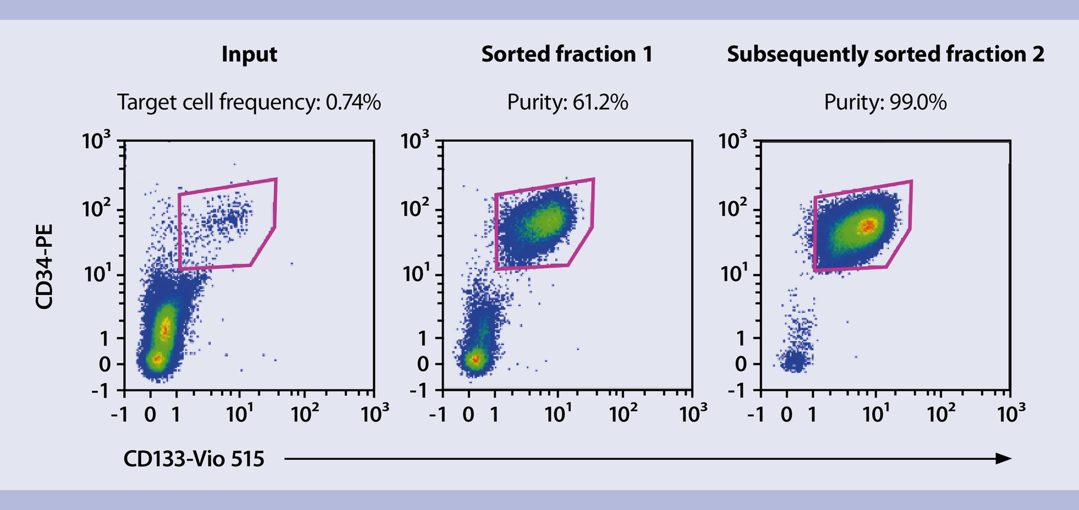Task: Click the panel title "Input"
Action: coord(249,55)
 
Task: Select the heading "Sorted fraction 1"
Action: coord(566,55)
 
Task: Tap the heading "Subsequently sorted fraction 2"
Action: coord(885,55)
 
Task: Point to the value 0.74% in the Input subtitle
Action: coord(353,102)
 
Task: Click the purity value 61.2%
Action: coord(600,102)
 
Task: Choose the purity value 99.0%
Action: coord(918,102)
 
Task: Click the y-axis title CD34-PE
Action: coord(44,267)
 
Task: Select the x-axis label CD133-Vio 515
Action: coord(193,459)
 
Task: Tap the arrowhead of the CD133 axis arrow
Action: coord(1003,459)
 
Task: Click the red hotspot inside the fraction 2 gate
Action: coord(868,225)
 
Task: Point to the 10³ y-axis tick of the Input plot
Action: coord(97,141)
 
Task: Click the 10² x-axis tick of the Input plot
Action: coord(305,414)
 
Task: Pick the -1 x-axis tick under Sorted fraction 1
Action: coord(437,415)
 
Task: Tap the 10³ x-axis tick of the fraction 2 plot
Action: coord(1010,414)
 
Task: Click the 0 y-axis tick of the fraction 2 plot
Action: coord(741,364)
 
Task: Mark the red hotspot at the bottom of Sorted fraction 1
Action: coord(475,358)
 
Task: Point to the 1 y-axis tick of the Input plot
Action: coord(104,339)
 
